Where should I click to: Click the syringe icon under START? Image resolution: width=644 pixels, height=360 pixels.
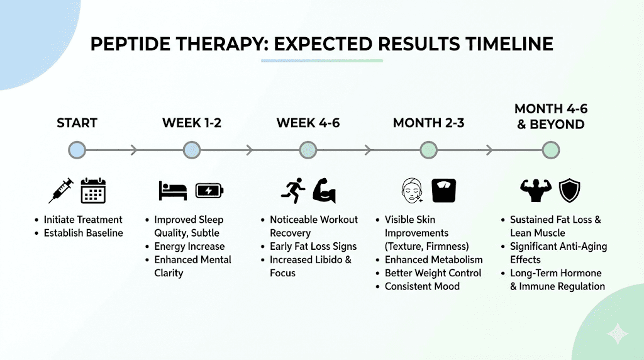(61, 190)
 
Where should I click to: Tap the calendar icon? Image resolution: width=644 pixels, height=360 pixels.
(93, 190)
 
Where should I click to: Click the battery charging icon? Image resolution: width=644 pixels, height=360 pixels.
(209, 190)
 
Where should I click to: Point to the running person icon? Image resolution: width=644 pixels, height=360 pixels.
(293, 190)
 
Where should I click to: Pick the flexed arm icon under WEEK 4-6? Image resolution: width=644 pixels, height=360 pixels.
(325, 190)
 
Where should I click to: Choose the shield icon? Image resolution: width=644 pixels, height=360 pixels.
(569, 190)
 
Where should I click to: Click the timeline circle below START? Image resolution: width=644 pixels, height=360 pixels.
(77, 150)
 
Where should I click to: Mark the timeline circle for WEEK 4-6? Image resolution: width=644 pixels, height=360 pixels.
(308, 150)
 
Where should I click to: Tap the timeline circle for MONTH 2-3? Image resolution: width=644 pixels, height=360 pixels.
(428, 150)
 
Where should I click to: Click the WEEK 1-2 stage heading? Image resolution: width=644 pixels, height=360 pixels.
(191, 123)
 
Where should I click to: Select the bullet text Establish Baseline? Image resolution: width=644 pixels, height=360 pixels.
(83, 233)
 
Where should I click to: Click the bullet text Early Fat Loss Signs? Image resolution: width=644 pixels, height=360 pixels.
(313, 246)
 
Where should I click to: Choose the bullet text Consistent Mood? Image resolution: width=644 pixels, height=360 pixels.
(422, 286)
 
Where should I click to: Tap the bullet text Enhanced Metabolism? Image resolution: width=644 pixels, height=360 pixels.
(434, 259)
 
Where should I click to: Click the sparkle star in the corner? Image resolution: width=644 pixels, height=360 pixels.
(618, 334)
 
